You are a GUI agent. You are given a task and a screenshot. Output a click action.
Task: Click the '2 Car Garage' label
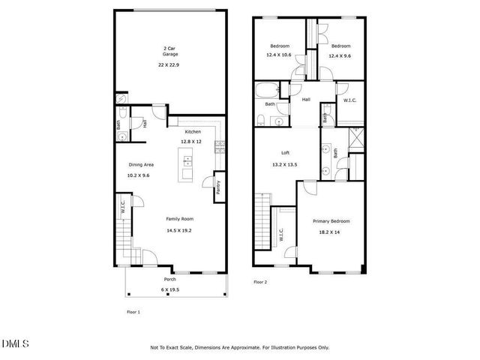coord(170,52)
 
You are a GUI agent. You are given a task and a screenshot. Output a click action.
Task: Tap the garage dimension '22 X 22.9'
coord(170,64)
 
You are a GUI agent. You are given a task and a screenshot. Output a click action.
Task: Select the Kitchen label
coord(194,131)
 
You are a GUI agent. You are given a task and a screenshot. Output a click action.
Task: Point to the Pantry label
coord(217,187)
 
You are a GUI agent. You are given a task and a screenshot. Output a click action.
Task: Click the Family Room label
coord(180,218)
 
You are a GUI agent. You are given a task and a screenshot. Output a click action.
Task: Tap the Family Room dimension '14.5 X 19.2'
coord(180,230)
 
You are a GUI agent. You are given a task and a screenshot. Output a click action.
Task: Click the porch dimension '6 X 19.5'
coord(170,289)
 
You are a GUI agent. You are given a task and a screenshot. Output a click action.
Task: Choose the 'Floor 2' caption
coord(260,282)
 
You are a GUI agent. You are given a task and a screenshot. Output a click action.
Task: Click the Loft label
coord(285,152)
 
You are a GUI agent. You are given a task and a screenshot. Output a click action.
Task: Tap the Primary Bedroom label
coord(331,221)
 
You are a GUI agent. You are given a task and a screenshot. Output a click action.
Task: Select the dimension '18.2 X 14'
coord(331,233)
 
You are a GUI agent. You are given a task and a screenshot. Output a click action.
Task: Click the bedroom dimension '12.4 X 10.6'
coord(278,55)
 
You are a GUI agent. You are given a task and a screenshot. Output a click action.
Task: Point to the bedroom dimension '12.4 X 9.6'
coord(340,55)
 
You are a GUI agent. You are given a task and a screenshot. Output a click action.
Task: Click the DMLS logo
coord(15,343)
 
